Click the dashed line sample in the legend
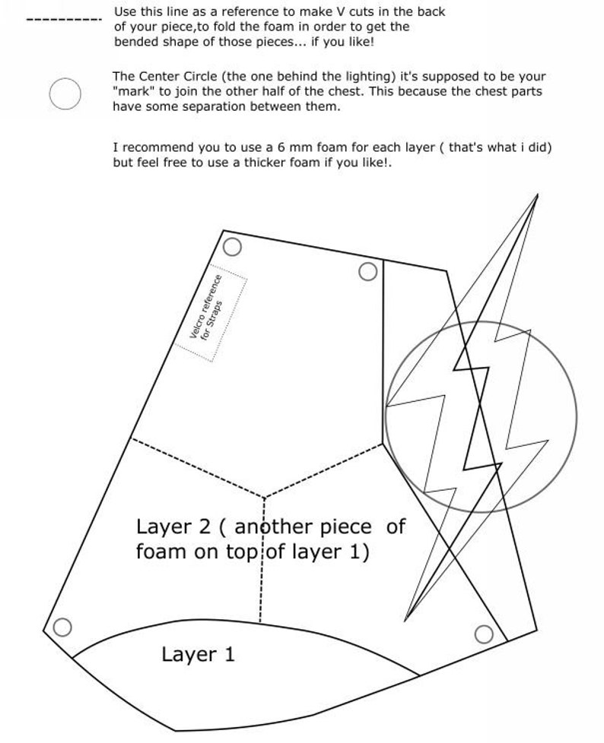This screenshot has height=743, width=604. (x=64, y=19)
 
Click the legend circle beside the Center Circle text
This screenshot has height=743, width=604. (x=65, y=94)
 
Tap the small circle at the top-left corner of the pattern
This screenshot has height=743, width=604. (x=233, y=247)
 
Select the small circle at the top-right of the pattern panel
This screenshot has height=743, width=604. (x=367, y=271)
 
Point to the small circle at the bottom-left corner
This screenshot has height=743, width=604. (x=62, y=627)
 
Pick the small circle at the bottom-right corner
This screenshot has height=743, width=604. (x=484, y=634)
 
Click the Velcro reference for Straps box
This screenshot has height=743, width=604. (x=211, y=311)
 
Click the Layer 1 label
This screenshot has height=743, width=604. (x=198, y=654)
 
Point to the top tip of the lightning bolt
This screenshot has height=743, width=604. (x=537, y=196)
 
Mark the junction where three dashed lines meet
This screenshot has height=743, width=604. (x=263, y=498)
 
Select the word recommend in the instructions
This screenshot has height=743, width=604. (x=157, y=147)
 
